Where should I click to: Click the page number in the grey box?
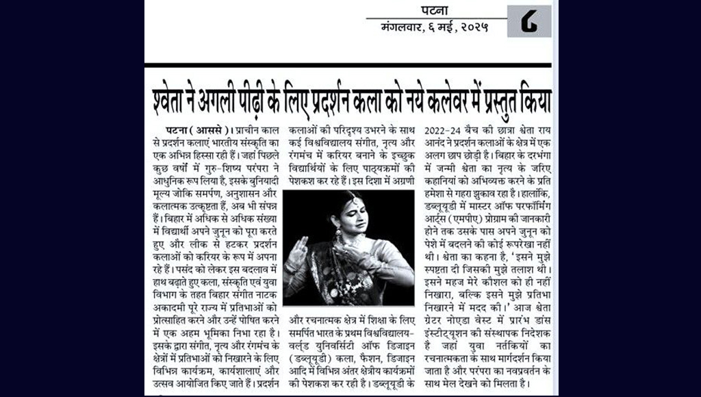(x=528, y=21)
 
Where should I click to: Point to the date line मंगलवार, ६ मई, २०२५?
(x=435, y=29)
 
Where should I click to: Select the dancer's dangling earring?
(x=338, y=236)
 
